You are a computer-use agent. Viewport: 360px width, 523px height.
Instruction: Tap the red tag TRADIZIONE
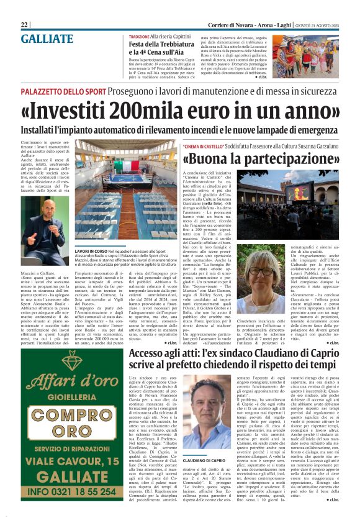click(141, 37)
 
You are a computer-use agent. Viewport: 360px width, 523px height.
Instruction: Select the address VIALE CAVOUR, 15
click(73, 462)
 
